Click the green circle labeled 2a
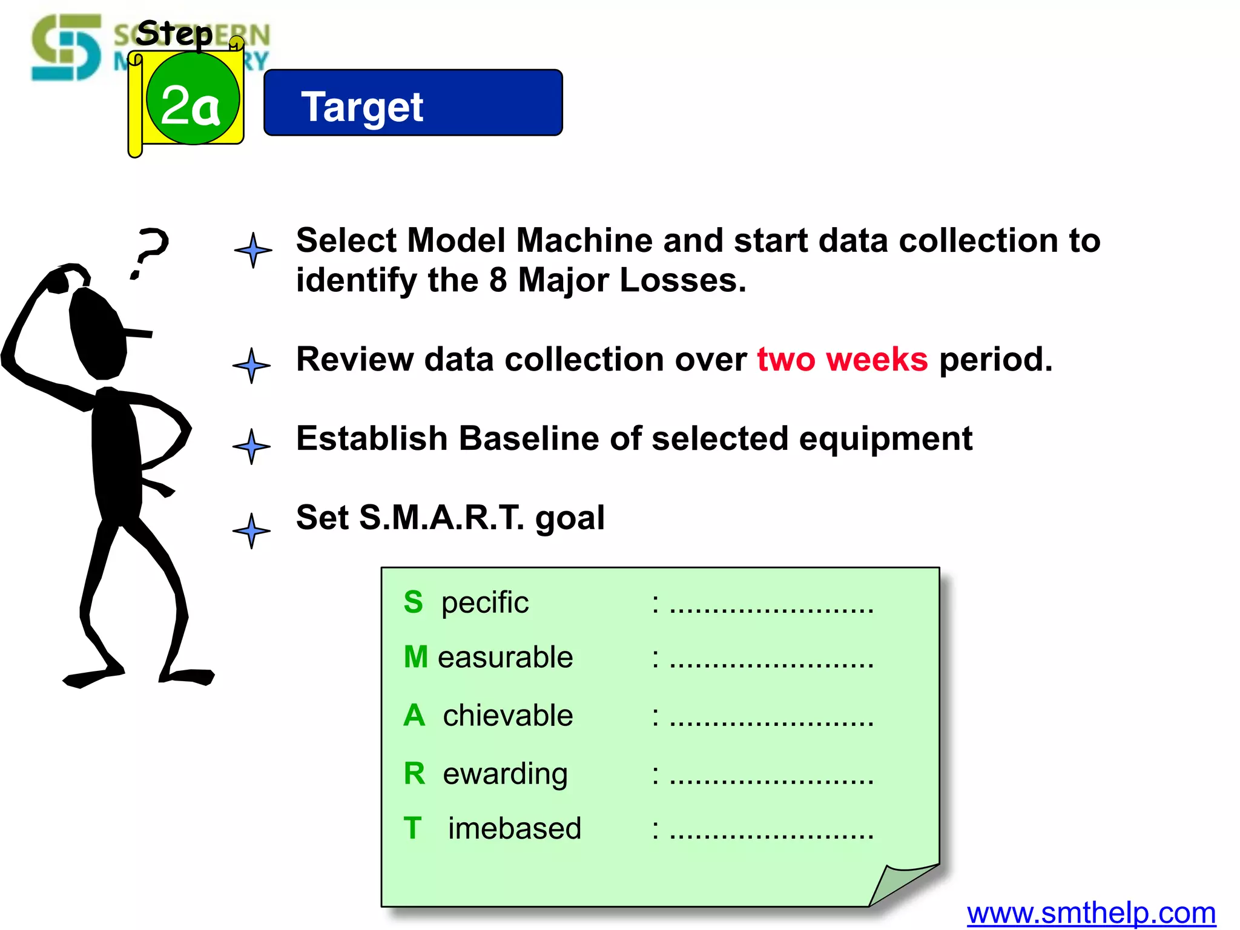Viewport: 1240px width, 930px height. (x=193, y=99)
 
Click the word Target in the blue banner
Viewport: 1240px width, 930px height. (x=362, y=107)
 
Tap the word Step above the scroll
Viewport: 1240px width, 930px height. (x=174, y=33)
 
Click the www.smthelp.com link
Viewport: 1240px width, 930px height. (x=1091, y=913)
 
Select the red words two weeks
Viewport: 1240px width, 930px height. (x=842, y=360)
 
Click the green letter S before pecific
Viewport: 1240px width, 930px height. (x=414, y=602)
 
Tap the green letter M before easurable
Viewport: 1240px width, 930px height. (x=416, y=657)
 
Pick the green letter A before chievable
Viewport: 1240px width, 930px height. (x=414, y=715)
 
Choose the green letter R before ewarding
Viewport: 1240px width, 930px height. (x=414, y=773)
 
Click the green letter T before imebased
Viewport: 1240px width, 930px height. (x=413, y=828)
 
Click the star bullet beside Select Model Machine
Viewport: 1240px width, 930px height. (x=253, y=250)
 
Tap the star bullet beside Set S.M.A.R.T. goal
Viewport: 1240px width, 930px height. (x=251, y=530)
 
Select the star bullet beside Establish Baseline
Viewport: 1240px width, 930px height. (x=251, y=446)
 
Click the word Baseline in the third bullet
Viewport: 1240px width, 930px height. (x=529, y=438)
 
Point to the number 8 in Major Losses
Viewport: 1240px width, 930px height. (x=498, y=280)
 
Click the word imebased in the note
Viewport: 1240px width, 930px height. (x=514, y=828)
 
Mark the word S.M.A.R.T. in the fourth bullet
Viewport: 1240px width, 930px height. (x=441, y=518)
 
